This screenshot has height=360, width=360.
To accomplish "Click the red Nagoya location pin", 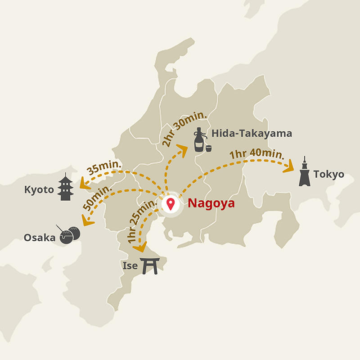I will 170,204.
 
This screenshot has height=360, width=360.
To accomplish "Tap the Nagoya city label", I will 211,203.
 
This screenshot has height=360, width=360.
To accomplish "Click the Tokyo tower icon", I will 305,172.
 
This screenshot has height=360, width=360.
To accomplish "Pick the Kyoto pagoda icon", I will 66,187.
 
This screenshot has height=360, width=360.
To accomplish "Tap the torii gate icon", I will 150,265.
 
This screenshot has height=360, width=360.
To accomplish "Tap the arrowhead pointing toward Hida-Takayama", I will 183,149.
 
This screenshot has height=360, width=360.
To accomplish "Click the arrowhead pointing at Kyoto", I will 83,184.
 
